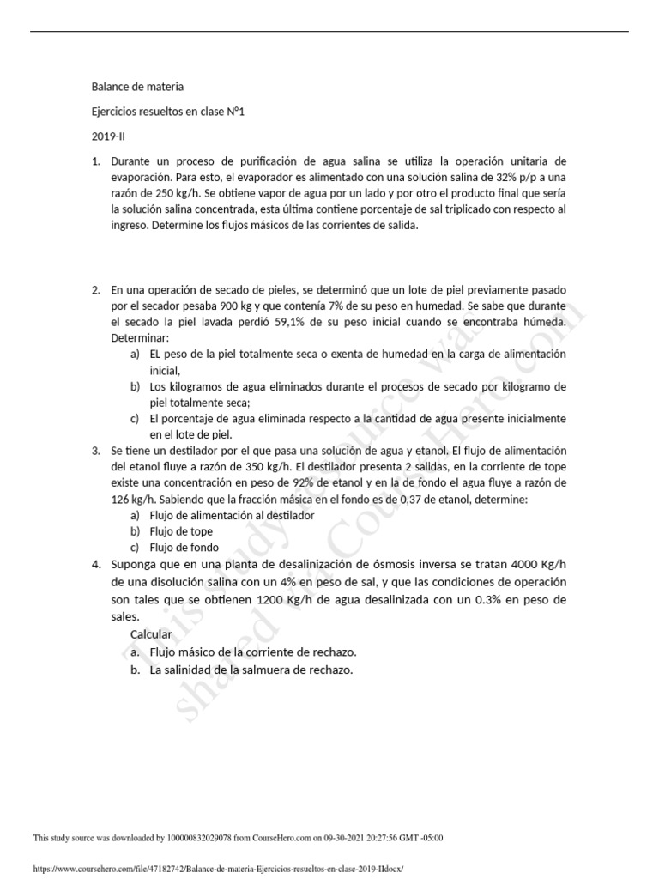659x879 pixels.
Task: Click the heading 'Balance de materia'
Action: pos(137,87)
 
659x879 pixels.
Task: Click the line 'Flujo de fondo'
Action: pos(184,547)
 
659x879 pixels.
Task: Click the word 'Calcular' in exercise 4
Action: pos(151,634)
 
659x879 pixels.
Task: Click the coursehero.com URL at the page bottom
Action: pos(218,869)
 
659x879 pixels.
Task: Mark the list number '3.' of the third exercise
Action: pos(96,451)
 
